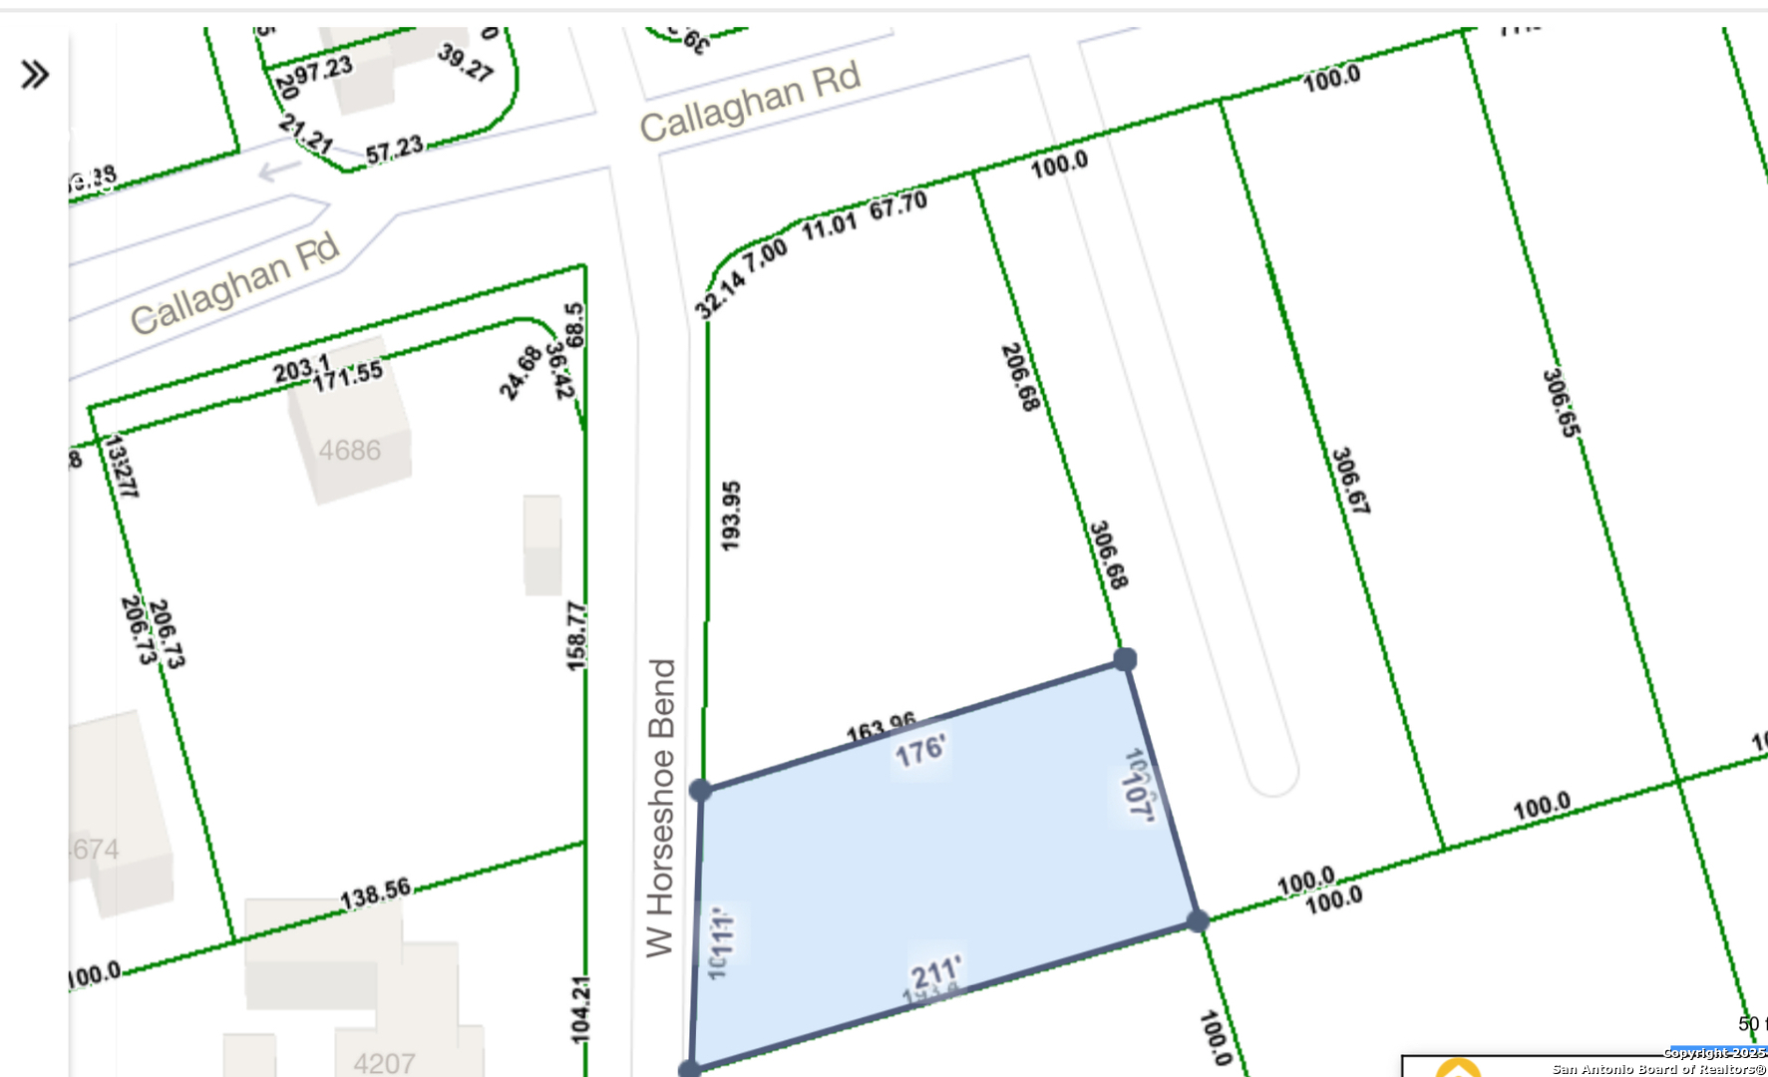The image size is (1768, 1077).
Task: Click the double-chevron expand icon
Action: (35, 75)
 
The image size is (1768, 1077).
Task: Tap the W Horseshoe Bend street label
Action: (661, 808)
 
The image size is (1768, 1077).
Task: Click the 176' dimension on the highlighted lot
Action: (919, 751)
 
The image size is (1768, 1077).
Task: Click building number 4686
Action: (349, 451)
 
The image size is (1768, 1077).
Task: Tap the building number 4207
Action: (384, 1063)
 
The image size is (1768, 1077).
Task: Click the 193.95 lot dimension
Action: (731, 516)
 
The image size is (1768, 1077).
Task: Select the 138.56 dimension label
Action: (375, 894)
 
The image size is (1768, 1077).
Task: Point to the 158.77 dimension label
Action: (576, 636)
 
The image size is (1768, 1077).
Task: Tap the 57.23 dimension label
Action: (394, 150)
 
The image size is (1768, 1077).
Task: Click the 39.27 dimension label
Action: (466, 63)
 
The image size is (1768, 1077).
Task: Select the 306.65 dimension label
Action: (1562, 403)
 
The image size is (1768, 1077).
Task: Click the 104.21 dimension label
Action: (580, 1010)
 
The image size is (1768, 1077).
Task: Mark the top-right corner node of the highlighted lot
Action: (1125, 659)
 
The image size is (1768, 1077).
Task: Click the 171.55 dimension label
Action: (348, 376)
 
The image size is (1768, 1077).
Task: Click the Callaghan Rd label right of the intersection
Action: (750, 103)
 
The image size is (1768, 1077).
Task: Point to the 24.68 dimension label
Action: (521, 372)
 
